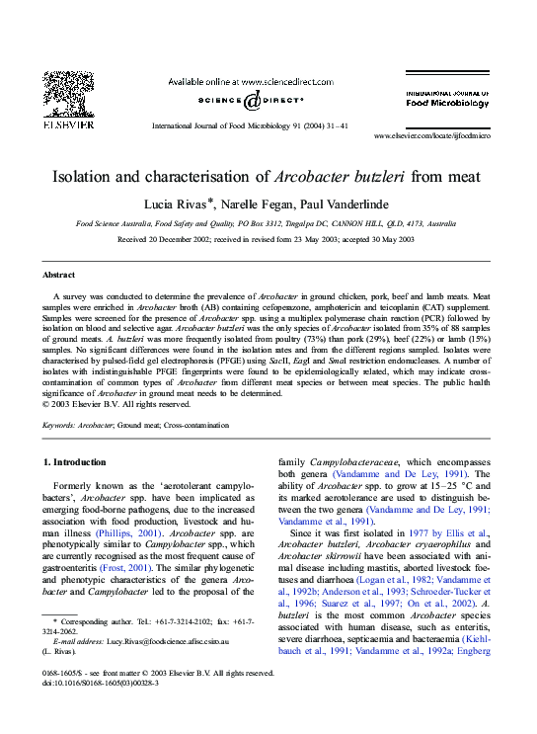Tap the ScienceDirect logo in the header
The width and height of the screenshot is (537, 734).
tap(251, 101)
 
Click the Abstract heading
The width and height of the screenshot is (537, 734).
tap(59, 274)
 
